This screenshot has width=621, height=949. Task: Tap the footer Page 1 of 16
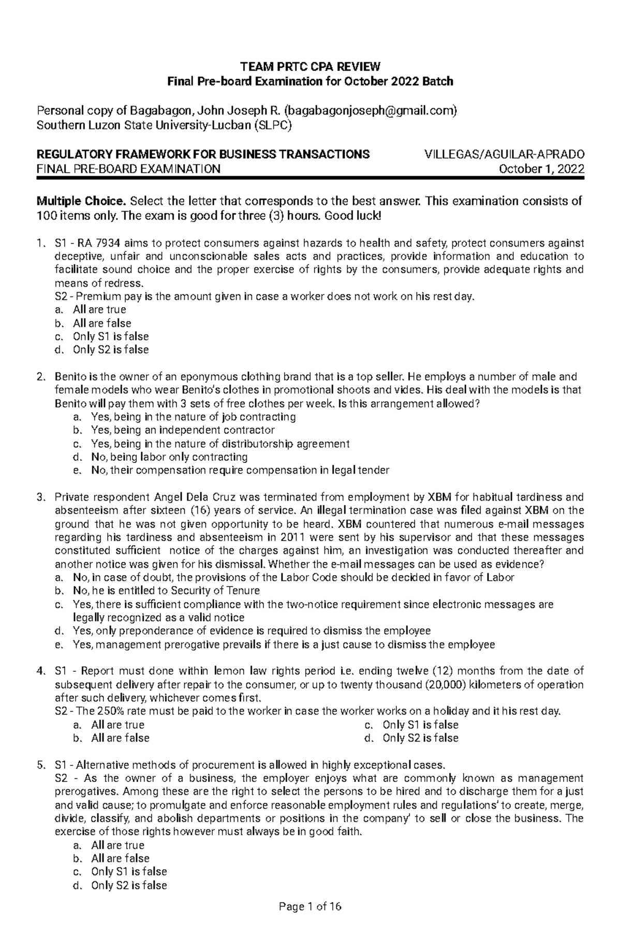click(310, 921)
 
